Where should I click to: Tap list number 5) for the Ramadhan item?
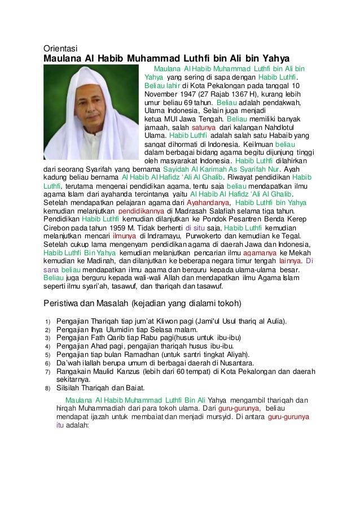49,354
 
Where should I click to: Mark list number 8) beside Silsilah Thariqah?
49,388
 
